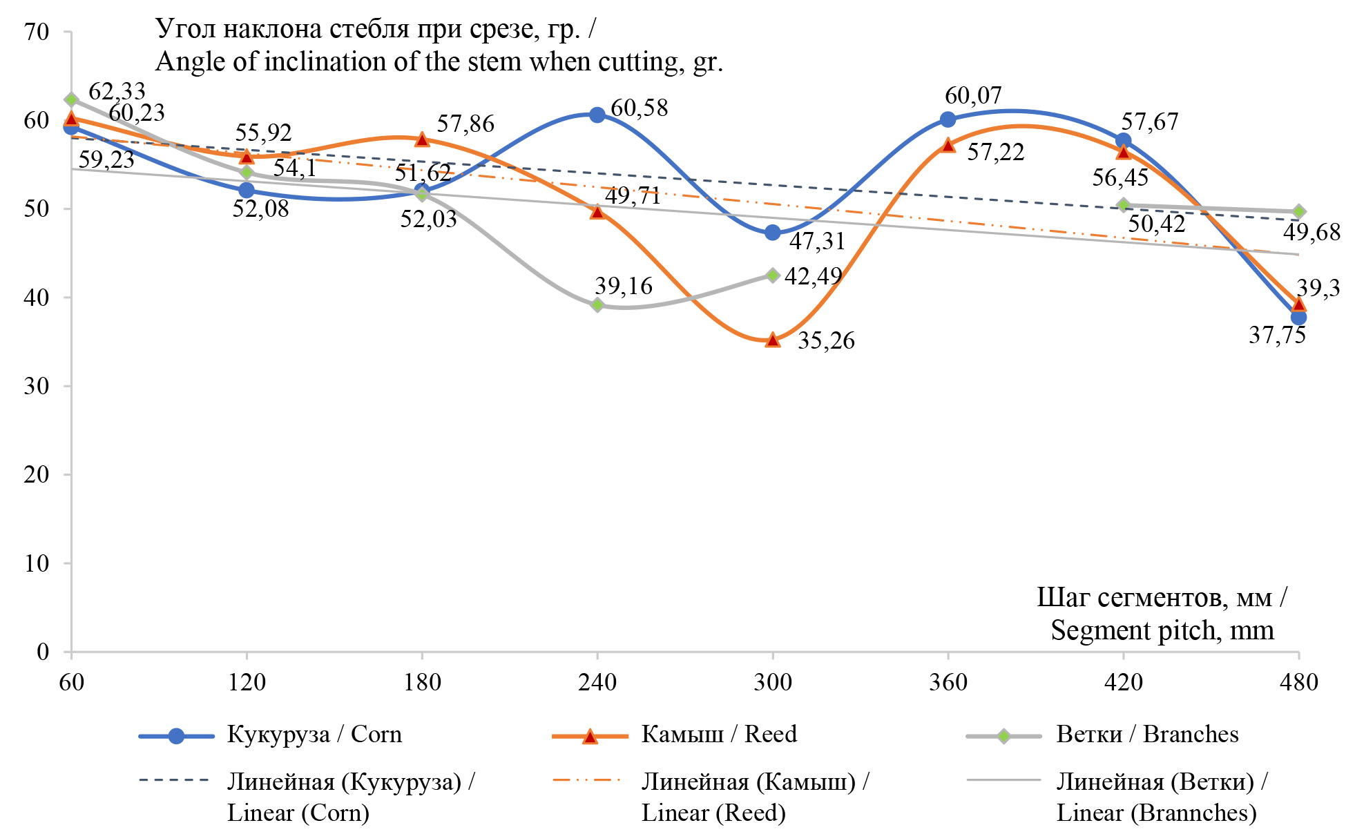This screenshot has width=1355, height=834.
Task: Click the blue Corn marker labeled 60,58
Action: (597, 115)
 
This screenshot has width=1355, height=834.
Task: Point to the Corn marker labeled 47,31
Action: (773, 233)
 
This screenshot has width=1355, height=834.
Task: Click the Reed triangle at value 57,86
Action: (422, 139)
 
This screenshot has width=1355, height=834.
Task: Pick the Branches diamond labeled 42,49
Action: (773, 275)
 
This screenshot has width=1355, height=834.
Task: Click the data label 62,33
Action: (117, 91)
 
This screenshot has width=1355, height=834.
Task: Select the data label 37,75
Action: (1277, 336)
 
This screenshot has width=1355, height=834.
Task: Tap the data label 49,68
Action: (1311, 233)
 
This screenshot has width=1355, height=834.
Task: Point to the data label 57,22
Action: (995, 153)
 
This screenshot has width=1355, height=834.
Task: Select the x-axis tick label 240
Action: (597, 682)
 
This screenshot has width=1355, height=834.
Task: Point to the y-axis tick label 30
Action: (36, 386)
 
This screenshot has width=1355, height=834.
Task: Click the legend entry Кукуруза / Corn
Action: (314, 734)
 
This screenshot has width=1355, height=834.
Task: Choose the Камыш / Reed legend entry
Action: (719, 734)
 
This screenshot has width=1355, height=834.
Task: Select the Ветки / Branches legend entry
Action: (1147, 734)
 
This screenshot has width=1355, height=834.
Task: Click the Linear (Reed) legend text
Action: (713, 813)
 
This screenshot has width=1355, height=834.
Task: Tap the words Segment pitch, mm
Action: (1162, 630)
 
